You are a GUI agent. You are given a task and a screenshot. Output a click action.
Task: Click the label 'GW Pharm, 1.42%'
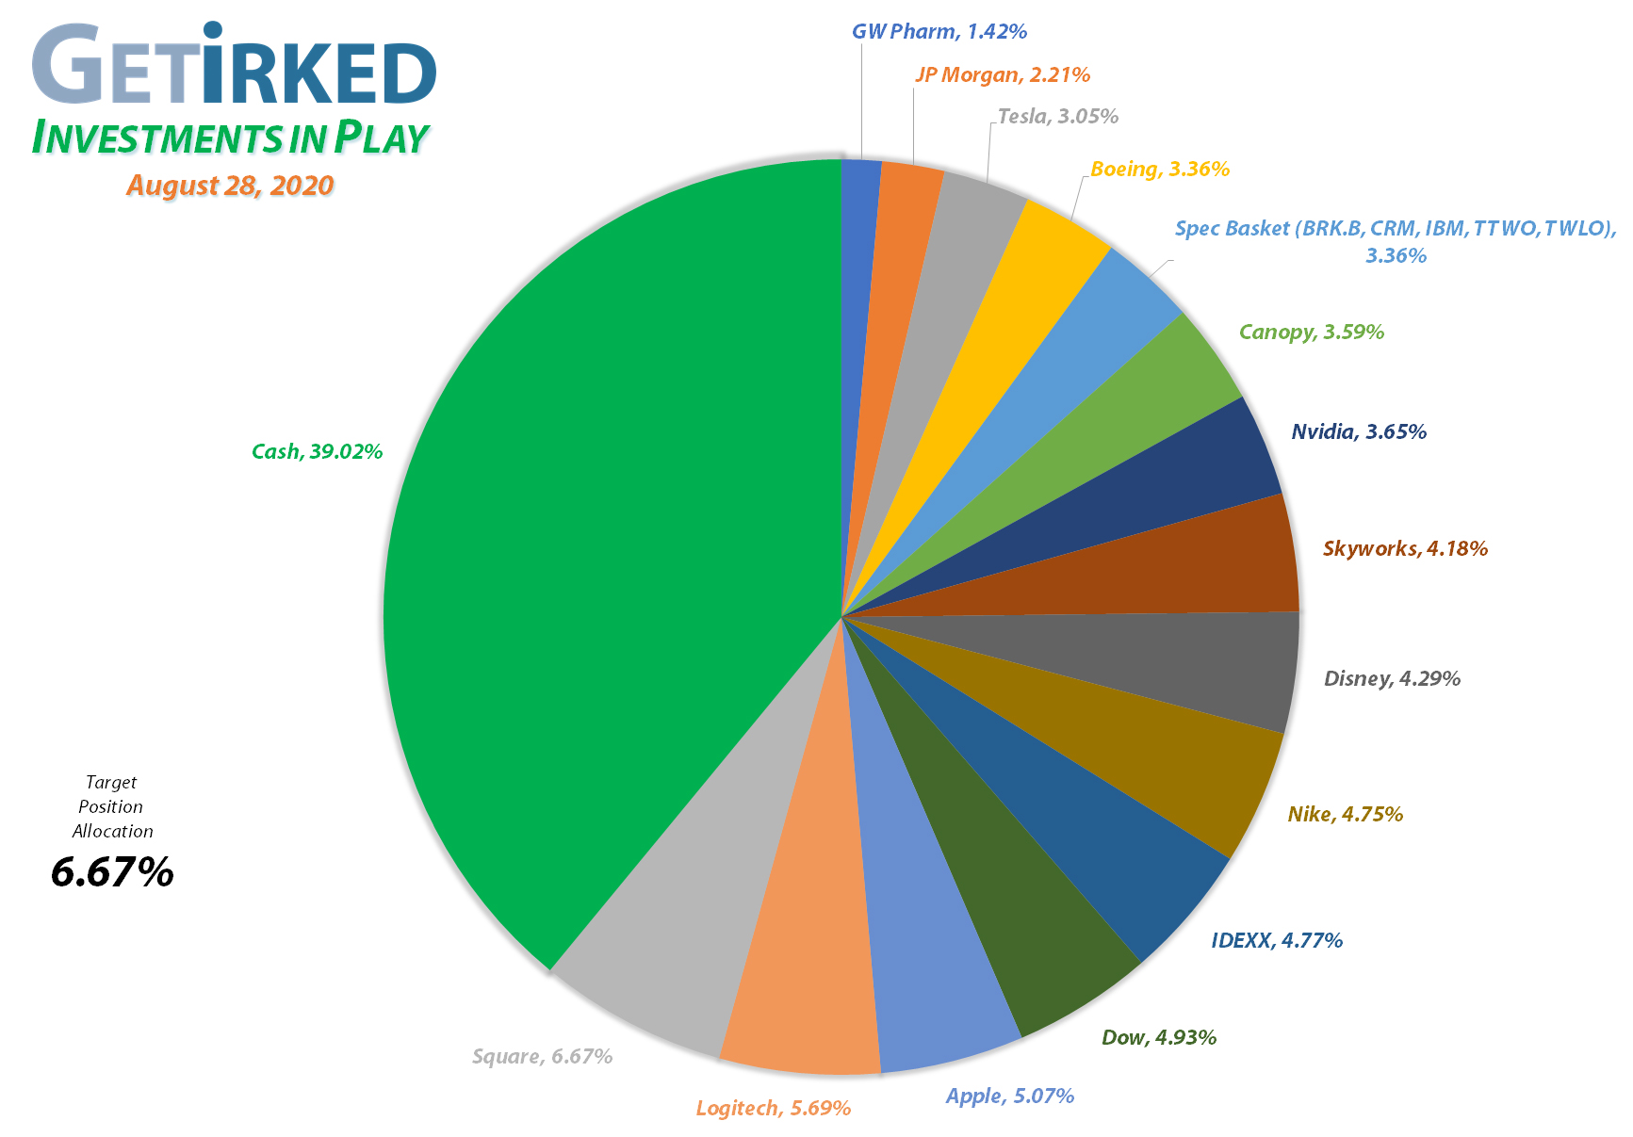(939, 32)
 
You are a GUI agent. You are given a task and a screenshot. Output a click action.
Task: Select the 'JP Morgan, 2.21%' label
(1002, 74)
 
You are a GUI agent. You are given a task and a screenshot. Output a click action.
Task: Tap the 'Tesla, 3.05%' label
(1057, 117)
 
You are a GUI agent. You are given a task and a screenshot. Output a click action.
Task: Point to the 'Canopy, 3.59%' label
(1311, 332)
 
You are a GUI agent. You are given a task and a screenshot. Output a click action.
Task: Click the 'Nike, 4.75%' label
(1345, 814)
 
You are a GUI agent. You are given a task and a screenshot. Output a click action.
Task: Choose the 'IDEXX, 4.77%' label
(1277, 940)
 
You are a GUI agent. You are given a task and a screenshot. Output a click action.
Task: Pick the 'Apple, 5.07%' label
(1009, 1096)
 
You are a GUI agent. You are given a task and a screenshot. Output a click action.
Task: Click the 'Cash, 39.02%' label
(317, 451)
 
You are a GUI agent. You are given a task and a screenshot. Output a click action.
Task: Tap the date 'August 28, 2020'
(230, 185)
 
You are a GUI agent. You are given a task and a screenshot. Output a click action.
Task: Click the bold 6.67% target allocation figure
(112, 872)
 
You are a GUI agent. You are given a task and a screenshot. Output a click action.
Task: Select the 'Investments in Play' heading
(230, 138)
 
